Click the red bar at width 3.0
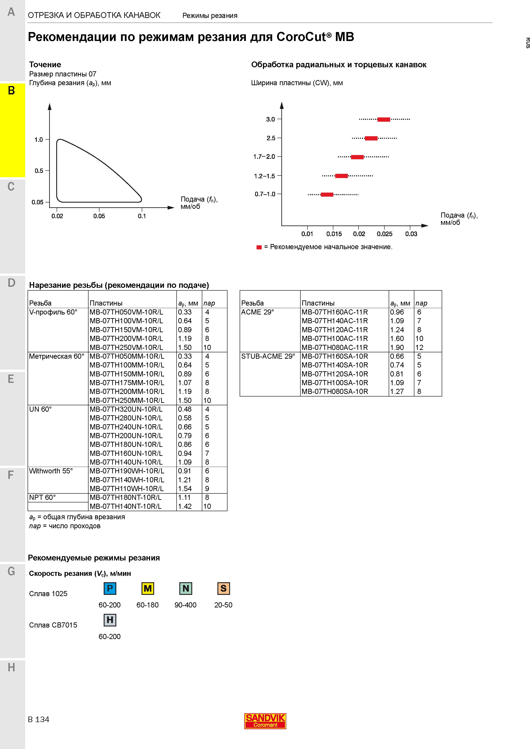pos(384,119)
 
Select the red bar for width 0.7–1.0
pos(327,195)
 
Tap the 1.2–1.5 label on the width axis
pos(264,176)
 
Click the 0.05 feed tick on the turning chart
pos(99,210)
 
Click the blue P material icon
pos(110,588)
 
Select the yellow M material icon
pos(148,588)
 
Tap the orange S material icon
pos(223,588)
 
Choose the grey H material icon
pos(110,620)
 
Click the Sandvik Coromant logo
pos(265,721)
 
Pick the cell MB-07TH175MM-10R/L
pos(127,383)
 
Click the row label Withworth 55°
pos(51,471)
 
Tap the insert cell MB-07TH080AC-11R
pos(335,347)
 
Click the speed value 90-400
pos(186,605)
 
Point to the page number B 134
pos(38,719)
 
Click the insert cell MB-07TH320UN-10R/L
pos(126,409)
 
